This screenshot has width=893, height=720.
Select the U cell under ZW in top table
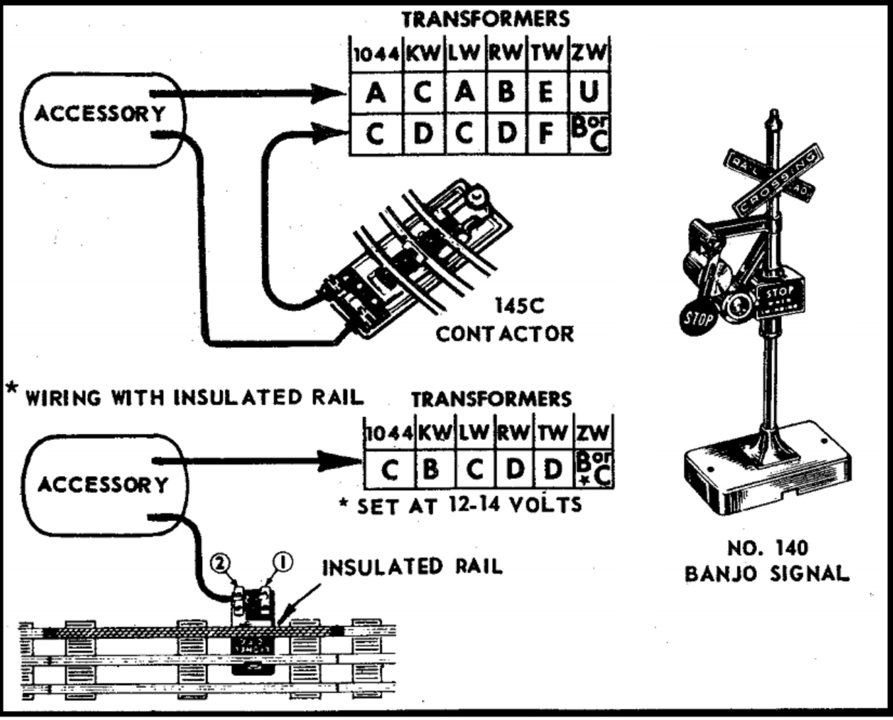pos(589,93)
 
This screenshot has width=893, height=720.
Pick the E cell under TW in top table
pos(547,93)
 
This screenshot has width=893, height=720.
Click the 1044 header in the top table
pos(376,54)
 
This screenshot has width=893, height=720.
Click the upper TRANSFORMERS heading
pos(485,19)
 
